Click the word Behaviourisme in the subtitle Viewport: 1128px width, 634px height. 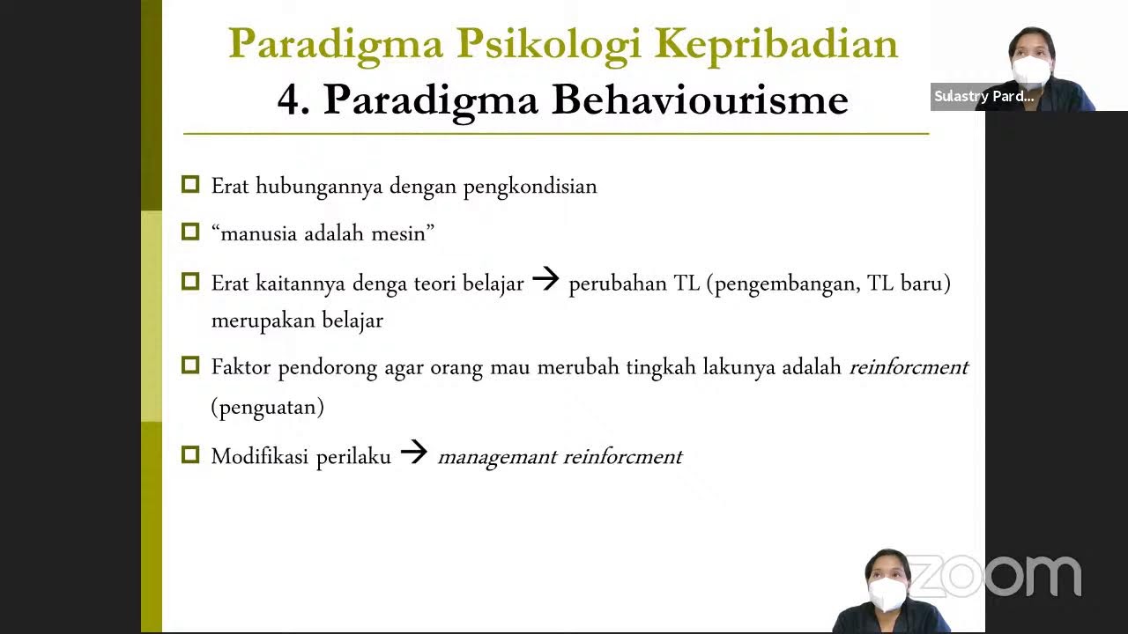coord(700,100)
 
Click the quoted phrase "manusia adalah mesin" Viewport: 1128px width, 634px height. coord(323,233)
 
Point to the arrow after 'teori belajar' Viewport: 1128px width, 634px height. coord(546,281)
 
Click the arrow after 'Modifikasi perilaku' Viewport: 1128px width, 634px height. coord(413,453)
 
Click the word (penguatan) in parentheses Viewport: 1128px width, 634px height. coord(267,407)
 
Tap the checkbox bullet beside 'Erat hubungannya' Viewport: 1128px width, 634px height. coord(190,185)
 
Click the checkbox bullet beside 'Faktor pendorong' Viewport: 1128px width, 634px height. coord(190,365)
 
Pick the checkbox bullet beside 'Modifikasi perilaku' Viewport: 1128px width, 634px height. coord(190,455)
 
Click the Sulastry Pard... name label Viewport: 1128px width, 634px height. coord(983,97)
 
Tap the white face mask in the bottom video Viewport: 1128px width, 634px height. coord(887,594)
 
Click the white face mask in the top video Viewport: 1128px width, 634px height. coord(1031,70)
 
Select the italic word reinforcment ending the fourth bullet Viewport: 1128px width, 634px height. coord(909,367)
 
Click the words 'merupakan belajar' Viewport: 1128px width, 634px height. coord(297,321)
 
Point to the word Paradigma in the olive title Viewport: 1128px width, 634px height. coord(335,44)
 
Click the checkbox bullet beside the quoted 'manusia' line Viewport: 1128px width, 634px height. coord(190,232)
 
